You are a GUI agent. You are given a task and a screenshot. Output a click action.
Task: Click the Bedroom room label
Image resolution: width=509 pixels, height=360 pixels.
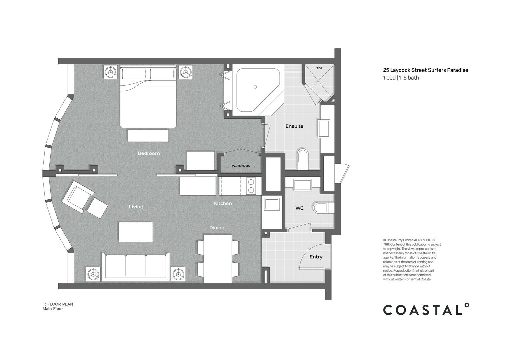[149, 153]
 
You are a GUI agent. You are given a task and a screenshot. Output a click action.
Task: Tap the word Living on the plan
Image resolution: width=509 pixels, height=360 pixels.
[136, 207]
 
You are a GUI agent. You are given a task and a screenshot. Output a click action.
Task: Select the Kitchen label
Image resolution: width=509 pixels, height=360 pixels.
[223, 203]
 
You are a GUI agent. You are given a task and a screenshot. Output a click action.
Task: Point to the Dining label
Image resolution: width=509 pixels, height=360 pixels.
[217, 228]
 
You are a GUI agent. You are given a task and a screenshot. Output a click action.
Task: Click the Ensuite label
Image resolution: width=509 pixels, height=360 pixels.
[294, 126]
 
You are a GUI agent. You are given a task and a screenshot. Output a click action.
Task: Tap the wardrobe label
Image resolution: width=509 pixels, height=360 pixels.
[241, 166]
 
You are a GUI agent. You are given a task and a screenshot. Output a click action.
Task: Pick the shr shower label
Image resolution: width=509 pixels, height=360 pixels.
[319, 68]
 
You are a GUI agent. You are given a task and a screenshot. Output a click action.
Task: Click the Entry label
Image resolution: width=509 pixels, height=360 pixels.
[316, 257]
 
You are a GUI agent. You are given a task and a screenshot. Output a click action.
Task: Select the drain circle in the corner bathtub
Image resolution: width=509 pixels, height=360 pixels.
[255, 87]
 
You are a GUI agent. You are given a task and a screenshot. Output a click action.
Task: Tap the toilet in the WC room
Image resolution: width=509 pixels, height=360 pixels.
[323, 208]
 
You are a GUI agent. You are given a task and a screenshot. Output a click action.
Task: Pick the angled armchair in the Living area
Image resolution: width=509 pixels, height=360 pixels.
[77, 197]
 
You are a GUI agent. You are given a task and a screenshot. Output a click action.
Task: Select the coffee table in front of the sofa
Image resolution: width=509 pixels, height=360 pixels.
[136, 232]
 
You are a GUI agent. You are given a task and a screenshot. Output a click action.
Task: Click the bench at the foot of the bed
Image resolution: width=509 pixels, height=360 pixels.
[148, 136]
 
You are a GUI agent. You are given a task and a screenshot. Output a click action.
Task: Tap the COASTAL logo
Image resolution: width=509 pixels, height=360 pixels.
[426, 309]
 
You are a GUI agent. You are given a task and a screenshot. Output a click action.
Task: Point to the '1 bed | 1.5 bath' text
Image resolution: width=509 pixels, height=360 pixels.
[401, 78]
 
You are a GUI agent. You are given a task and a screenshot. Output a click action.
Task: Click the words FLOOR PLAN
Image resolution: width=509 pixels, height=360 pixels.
[60, 304]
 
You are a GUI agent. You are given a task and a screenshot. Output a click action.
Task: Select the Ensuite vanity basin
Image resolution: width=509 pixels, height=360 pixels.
[324, 129]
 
